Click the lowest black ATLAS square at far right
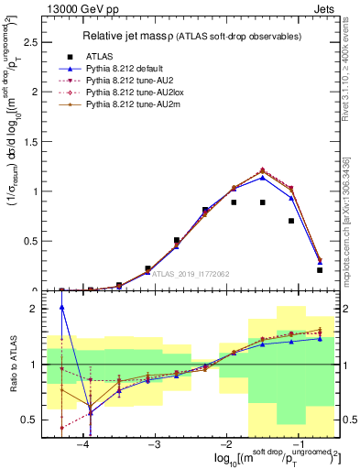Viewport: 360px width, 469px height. tap(320, 270)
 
